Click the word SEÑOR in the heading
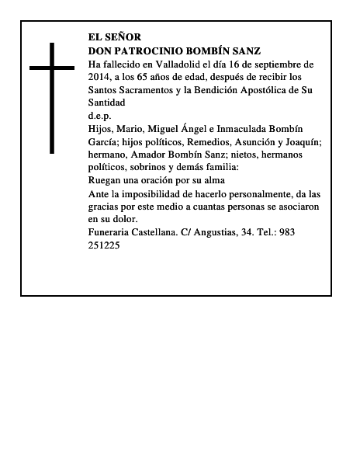(x=123, y=37)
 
